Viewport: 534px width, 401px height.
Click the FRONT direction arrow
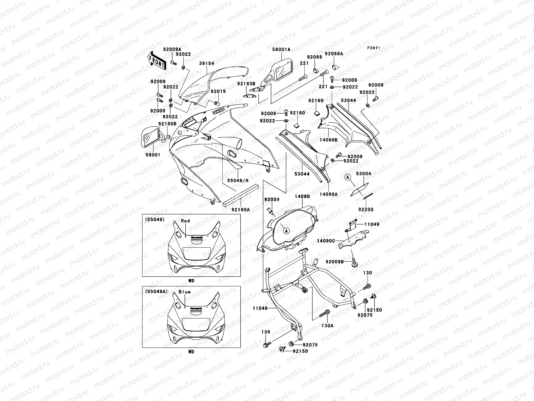157,60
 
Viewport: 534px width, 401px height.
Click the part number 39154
207,63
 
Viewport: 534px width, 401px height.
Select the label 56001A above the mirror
282,49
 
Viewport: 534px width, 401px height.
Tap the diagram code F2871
374,48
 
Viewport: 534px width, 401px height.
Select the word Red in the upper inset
185,221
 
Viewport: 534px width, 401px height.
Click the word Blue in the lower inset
185,292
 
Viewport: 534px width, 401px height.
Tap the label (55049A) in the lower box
155,291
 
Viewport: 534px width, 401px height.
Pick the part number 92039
272,199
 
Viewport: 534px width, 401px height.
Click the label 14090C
326,240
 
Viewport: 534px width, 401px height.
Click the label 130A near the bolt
327,325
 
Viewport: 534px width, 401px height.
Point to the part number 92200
366,210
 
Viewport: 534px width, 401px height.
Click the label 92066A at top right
334,53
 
